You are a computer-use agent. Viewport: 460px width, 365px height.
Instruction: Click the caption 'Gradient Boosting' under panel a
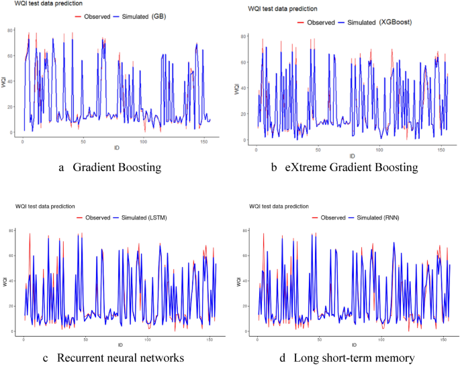coord(117,168)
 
